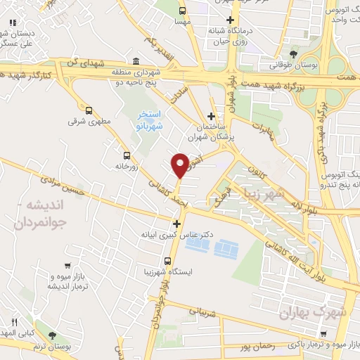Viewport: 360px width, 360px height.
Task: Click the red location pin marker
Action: click(x=180, y=165)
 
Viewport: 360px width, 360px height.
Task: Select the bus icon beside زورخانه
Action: click(x=126, y=155)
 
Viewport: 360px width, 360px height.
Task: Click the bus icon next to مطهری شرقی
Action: click(x=89, y=110)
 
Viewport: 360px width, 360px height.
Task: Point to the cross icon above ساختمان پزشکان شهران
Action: click(x=211, y=116)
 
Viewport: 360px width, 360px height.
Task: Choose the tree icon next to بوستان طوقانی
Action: click(x=293, y=53)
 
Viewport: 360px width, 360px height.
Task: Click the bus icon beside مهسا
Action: click(x=183, y=11)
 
